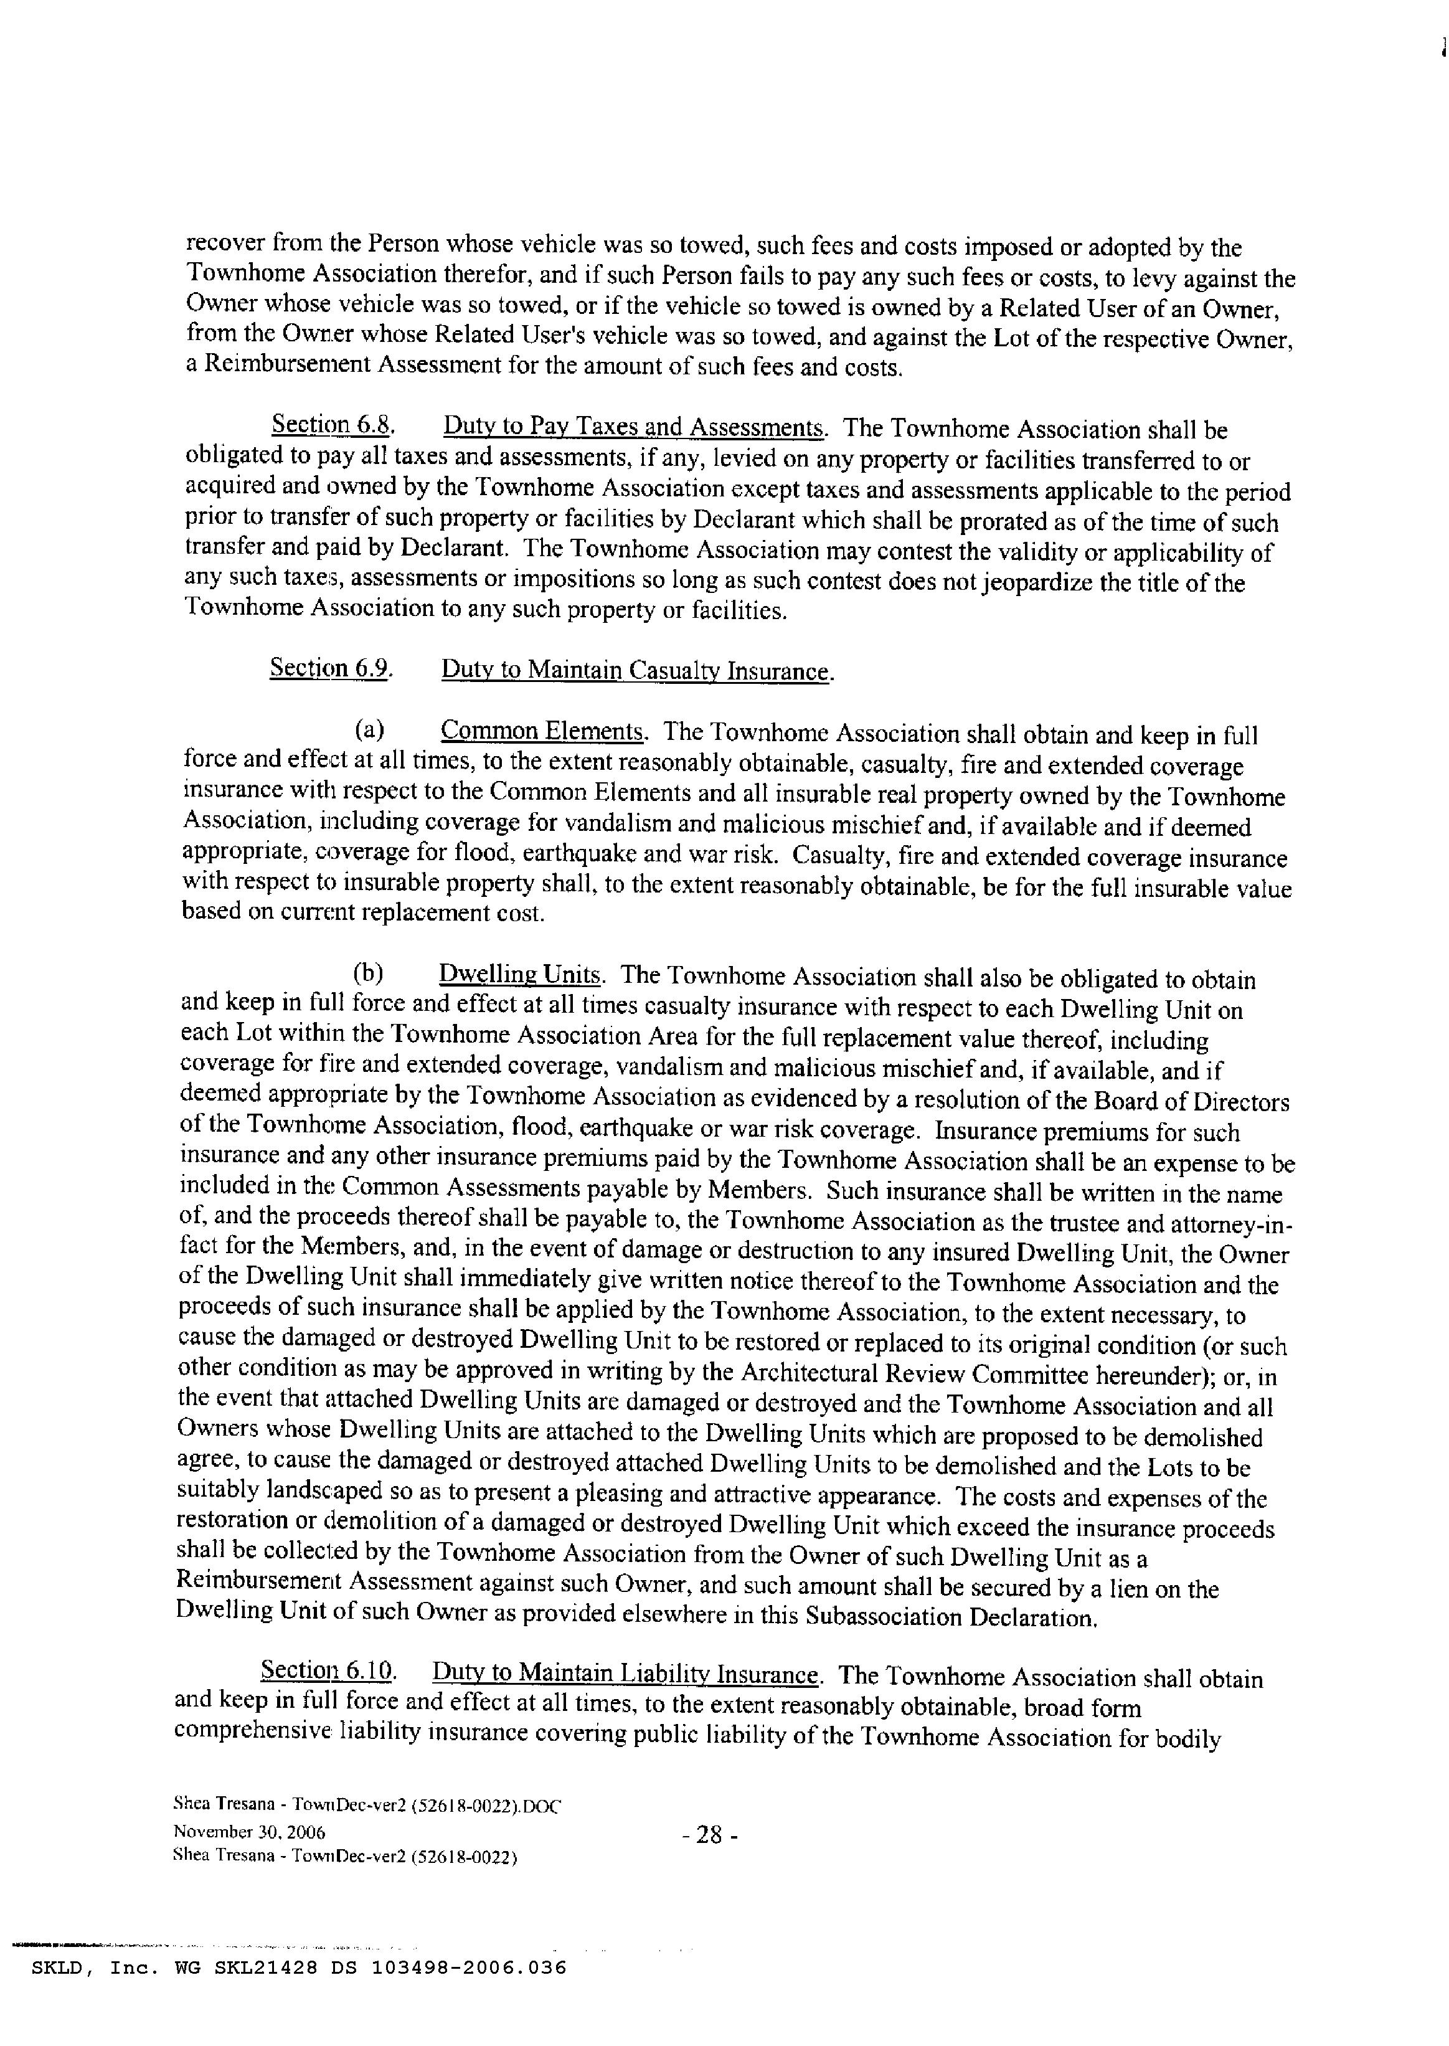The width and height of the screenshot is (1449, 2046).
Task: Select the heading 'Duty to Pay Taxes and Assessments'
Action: [633, 427]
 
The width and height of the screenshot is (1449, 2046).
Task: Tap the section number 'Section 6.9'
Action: [330, 668]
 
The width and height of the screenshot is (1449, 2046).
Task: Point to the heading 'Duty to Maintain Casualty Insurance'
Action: [636, 670]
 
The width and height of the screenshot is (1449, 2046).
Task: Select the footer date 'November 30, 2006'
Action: [249, 1832]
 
